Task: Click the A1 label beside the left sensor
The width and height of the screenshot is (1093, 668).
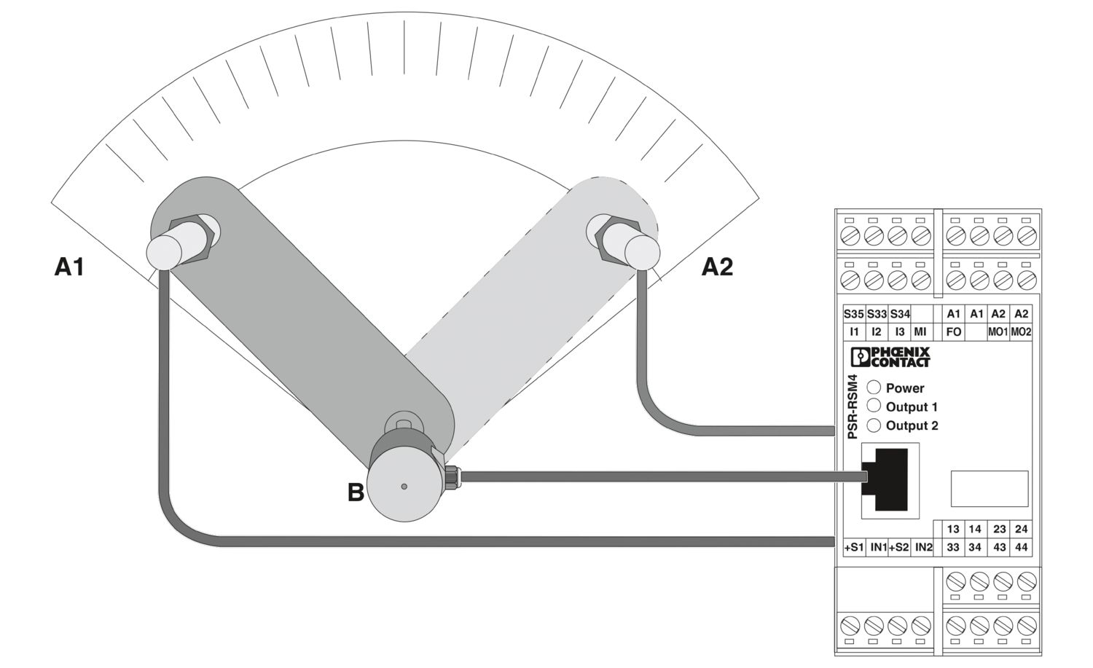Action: click(68, 267)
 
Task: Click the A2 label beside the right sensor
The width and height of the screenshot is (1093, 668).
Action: click(717, 267)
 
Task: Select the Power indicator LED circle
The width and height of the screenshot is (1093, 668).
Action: click(874, 388)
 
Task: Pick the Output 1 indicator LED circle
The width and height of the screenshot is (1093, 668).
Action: click(874, 406)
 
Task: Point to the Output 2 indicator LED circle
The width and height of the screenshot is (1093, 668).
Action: click(874, 425)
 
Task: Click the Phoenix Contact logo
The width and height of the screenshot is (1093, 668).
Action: click(890, 357)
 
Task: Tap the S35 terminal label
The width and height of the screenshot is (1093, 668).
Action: click(854, 314)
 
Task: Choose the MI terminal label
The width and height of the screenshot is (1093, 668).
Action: click(920, 332)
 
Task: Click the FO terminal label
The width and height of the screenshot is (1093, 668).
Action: click(953, 332)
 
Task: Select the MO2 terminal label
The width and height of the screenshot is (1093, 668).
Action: click(1021, 332)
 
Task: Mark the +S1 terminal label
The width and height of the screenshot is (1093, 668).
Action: click(854, 548)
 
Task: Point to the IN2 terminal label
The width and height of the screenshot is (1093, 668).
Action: click(923, 548)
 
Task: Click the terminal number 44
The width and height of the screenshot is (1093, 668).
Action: click(1022, 548)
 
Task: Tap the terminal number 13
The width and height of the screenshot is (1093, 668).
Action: click(953, 529)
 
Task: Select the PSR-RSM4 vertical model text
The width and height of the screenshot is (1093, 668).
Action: click(853, 406)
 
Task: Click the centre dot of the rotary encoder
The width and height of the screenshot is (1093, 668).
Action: click(404, 487)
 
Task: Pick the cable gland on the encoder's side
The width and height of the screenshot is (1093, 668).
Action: click(453, 476)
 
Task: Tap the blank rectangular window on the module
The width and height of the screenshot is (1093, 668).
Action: click(990, 489)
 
